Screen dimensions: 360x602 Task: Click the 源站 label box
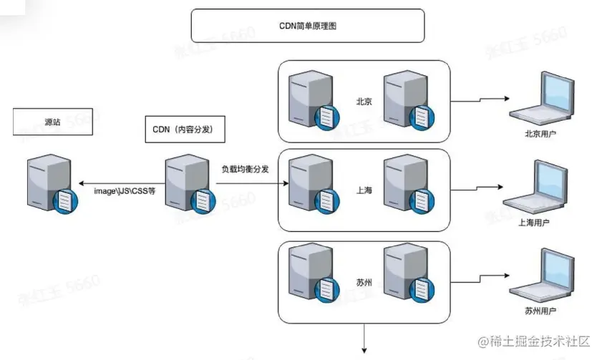click(x=52, y=122)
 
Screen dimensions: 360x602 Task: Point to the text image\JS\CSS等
click(x=125, y=192)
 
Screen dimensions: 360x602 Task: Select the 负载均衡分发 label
click(x=244, y=169)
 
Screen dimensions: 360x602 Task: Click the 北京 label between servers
click(x=364, y=101)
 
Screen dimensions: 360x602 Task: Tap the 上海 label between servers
click(x=364, y=191)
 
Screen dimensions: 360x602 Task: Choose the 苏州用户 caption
click(x=540, y=312)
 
